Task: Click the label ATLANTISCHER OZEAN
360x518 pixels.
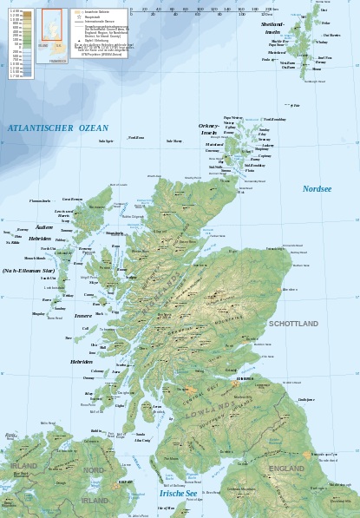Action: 58,128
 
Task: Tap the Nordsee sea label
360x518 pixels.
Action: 317,188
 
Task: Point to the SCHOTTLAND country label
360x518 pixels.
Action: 293,324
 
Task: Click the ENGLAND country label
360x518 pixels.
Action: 286,469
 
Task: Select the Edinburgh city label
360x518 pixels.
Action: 245,378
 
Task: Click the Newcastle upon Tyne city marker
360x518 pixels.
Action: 306,454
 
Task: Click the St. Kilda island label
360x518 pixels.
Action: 12,243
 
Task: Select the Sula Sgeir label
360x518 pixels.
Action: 106,141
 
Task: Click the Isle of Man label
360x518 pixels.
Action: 166,507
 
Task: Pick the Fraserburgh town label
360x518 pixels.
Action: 275,249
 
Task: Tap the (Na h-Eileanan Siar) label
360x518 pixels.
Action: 28,271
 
